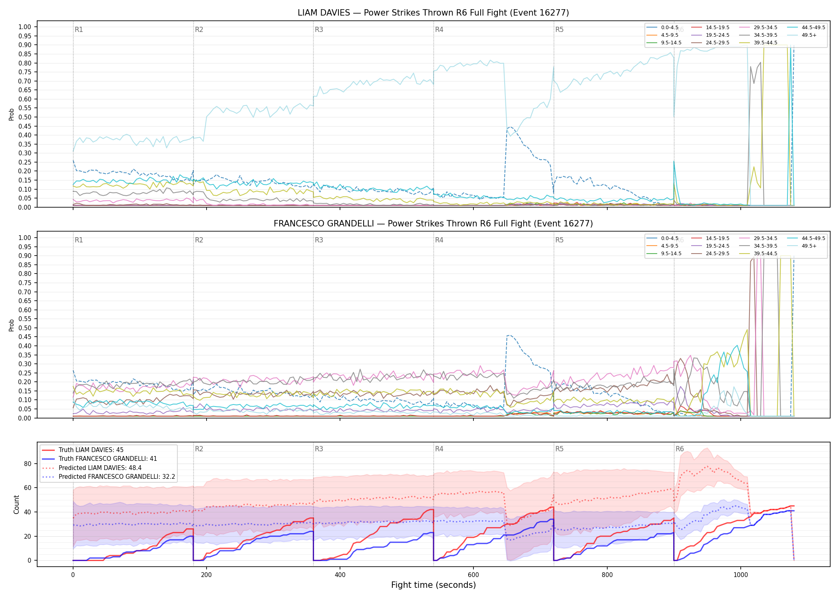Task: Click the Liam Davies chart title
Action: (433, 13)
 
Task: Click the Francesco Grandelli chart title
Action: (433, 224)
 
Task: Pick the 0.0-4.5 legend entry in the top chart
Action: (662, 28)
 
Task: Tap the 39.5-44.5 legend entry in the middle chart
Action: (758, 253)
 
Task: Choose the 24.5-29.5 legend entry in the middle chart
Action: (710, 253)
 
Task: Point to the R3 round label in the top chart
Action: (319, 30)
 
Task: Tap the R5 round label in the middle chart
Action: (559, 240)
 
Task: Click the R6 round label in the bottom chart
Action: (680, 449)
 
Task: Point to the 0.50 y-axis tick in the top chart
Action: (25, 117)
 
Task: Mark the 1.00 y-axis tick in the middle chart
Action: (25, 238)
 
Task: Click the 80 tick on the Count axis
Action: (28, 464)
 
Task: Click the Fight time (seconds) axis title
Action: (433, 585)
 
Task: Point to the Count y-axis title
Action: (16, 504)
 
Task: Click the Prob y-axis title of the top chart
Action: (12, 114)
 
